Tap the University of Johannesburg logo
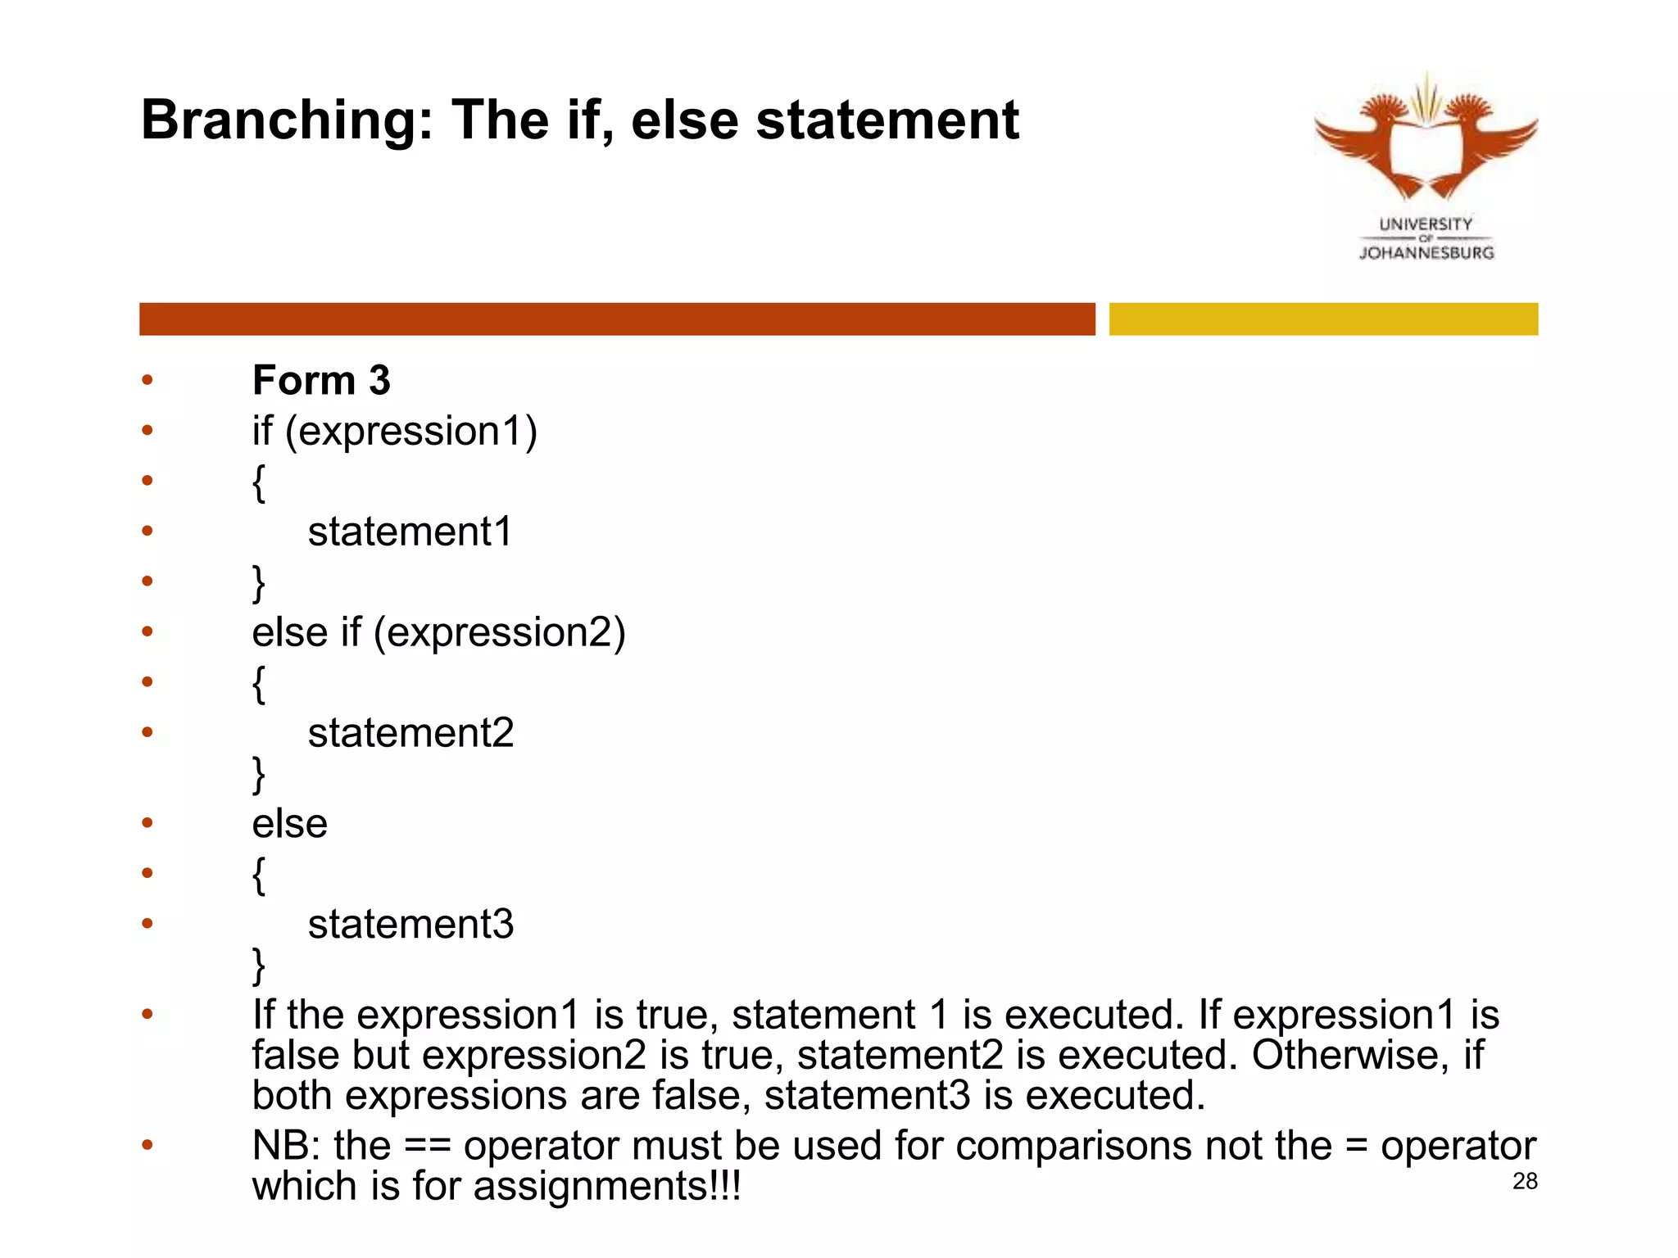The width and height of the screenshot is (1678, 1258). [1426, 164]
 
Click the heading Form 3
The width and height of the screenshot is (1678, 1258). [321, 380]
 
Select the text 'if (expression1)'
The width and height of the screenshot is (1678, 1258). [394, 432]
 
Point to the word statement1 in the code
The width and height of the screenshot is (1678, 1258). [410, 532]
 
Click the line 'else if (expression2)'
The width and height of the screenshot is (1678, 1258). [438, 632]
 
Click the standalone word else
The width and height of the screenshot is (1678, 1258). [289, 824]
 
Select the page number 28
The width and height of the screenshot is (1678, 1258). [1525, 1181]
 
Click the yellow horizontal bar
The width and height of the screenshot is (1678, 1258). [1323, 319]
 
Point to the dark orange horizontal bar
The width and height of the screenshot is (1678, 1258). [617, 319]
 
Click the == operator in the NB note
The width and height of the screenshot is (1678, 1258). [428, 1146]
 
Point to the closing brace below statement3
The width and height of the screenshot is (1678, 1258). [259, 966]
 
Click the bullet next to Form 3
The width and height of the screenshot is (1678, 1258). [147, 379]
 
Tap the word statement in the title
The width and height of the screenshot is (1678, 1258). [887, 121]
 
